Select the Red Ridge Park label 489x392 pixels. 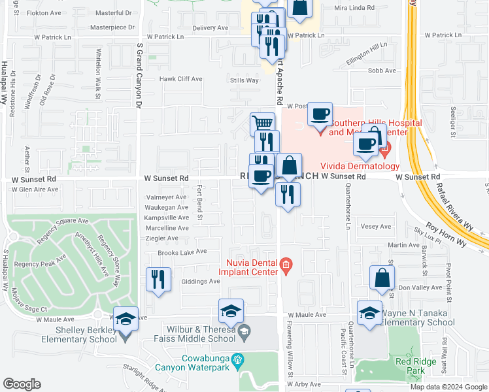click(410, 365)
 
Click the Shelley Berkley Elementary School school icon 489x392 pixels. click(126, 318)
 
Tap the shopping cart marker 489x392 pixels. click(262, 123)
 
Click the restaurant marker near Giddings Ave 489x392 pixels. click(158, 279)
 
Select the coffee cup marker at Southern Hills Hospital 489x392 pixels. click(320, 114)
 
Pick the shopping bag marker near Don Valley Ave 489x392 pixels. click(382, 277)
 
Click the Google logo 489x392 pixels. click(22, 384)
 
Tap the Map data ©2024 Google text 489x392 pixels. click(448, 387)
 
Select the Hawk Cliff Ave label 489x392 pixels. click(181, 79)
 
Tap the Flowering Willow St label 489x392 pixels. click(288, 346)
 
